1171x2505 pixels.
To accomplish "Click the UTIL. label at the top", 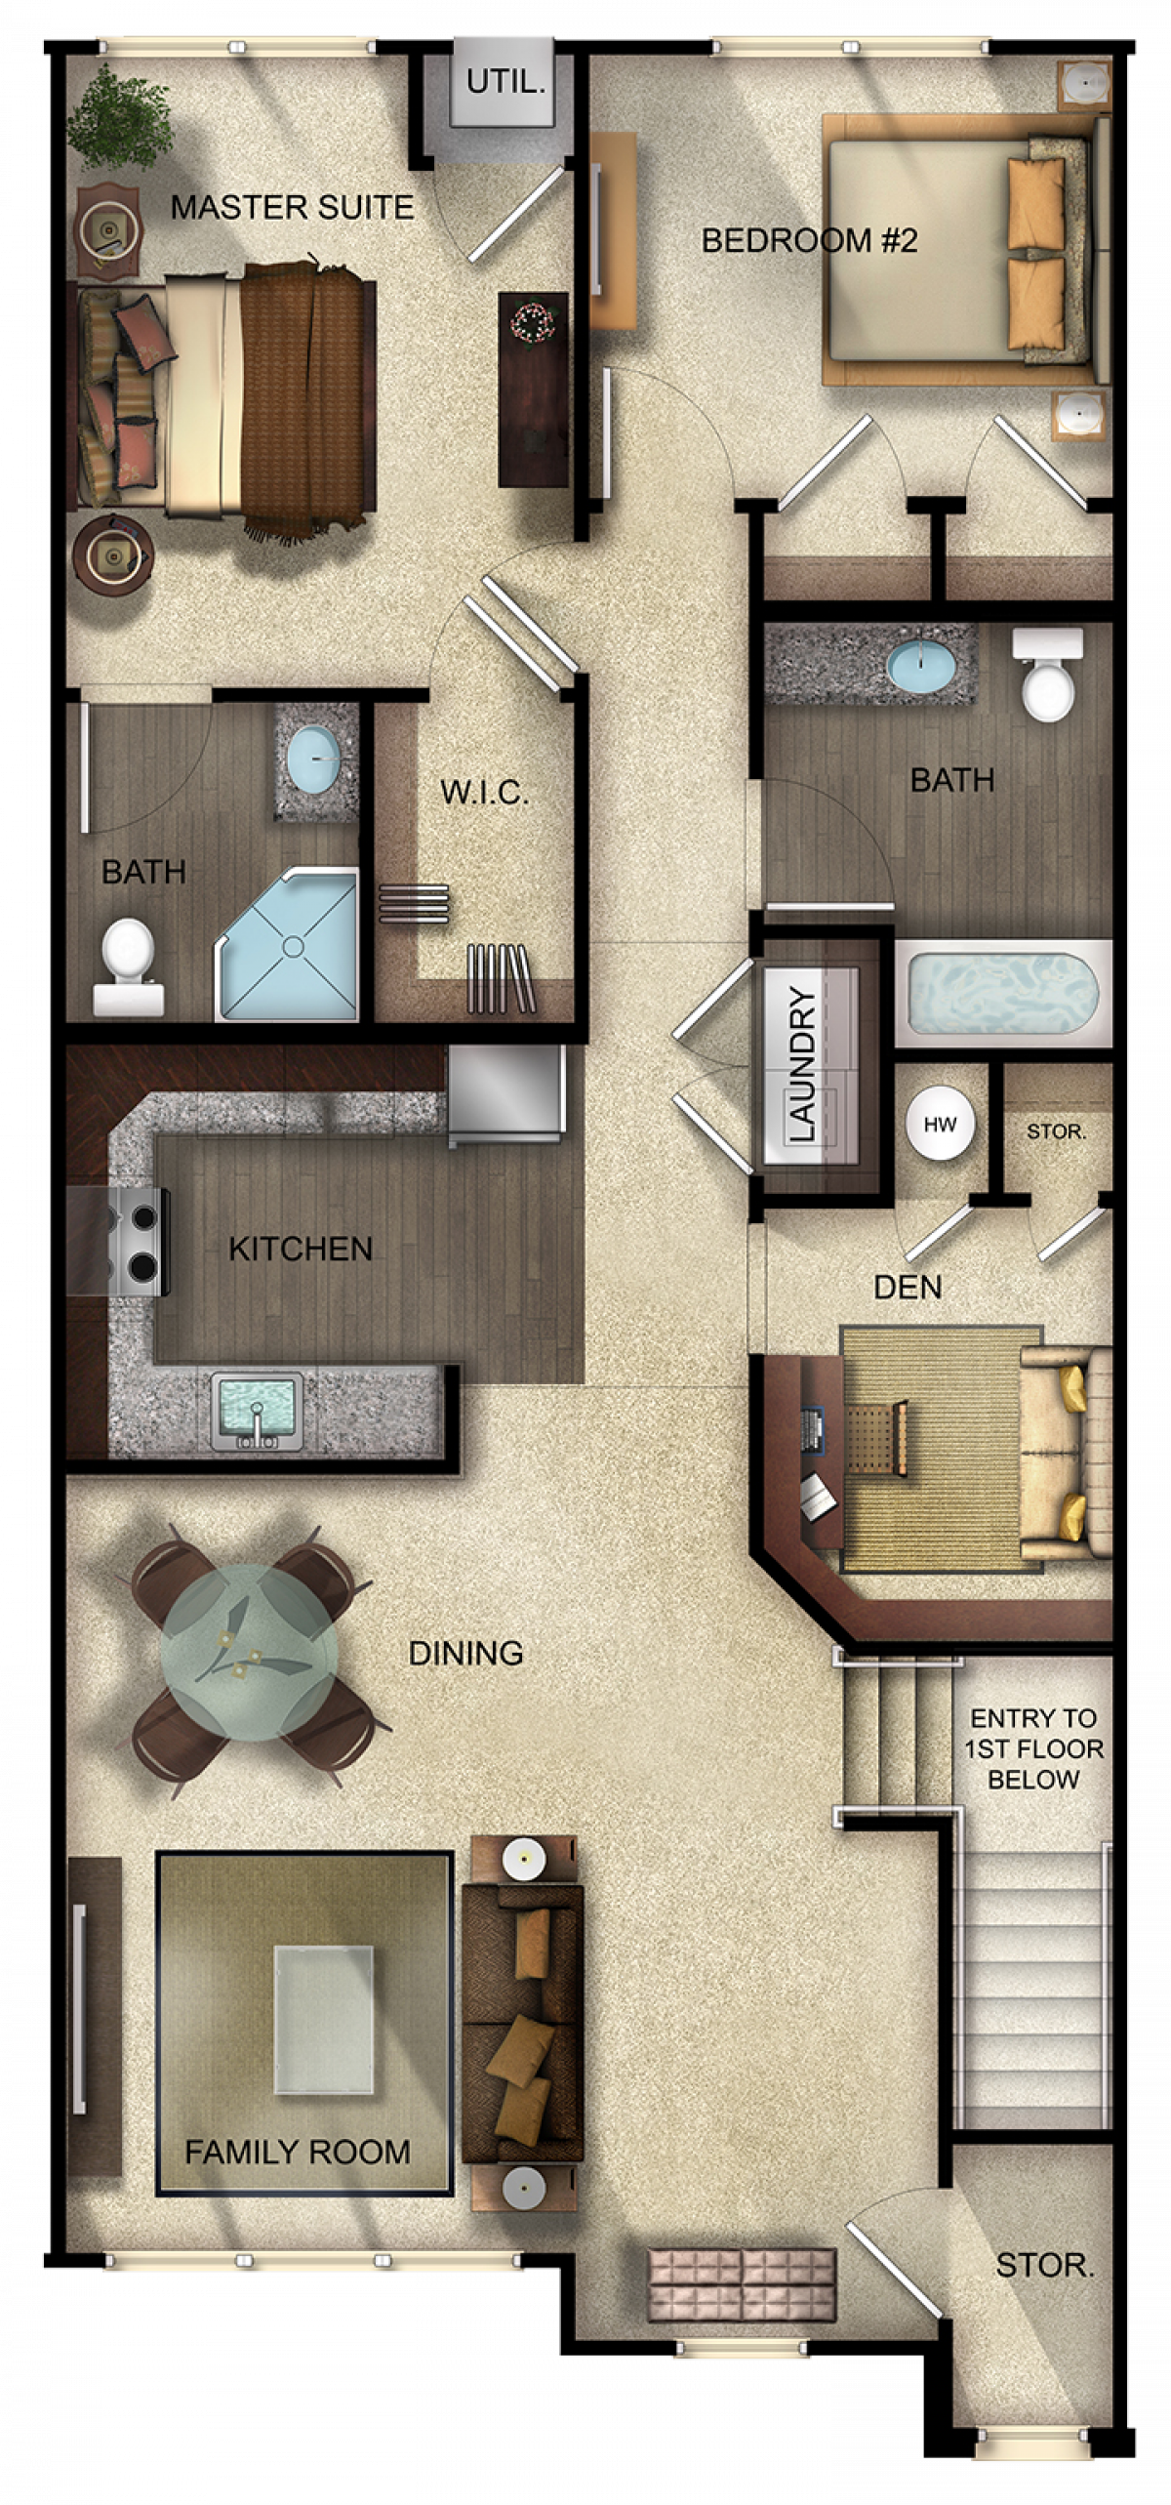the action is point(505,82).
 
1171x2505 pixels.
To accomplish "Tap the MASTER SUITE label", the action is point(292,207).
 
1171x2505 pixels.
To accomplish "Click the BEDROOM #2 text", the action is point(809,240).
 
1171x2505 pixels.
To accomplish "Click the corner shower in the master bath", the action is point(287,943).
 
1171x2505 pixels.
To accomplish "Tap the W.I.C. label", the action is point(484,792).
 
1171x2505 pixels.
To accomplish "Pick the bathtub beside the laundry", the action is point(1003,995).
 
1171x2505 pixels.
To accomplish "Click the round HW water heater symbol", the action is point(940,1124).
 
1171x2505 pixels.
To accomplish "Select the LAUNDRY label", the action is point(801,1064).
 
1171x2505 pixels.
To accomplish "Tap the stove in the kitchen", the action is point(129,1242).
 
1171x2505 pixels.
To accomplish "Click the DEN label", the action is point(908,1288).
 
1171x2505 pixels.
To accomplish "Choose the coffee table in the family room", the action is point(323,2018).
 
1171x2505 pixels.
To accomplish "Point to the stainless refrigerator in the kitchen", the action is point(505,1093).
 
